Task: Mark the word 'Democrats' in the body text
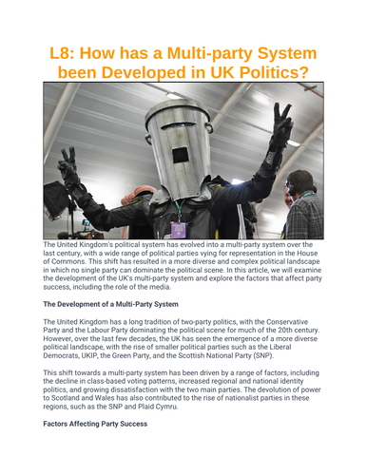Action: click(68, 356)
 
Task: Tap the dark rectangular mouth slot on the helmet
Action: click(179, 155)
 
